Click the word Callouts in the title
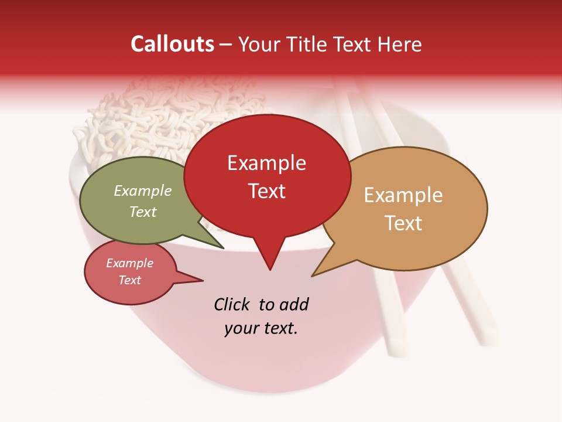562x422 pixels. [x=172, y=44]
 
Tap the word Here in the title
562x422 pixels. [x=400, y=45]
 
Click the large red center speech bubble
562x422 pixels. [x=267, y=217]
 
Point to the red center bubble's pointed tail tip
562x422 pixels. [x=270, y=270]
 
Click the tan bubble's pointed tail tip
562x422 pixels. [x=313, y=275]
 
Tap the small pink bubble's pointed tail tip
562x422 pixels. [x=203, y=280]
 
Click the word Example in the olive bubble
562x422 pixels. [x=143, y=191]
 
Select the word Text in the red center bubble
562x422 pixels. [x=267, y=191]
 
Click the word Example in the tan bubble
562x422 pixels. [x=403, y=195]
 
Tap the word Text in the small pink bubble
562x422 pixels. [x=130, y=280]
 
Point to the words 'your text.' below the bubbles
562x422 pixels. [x=261, y=328]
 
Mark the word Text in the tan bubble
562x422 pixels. [x=403, y=223]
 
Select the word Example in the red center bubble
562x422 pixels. [x=267, y=163]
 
